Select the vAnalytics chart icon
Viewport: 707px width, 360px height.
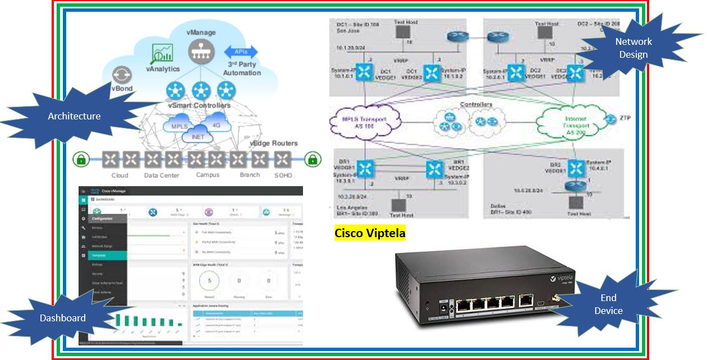(x=163, y=53)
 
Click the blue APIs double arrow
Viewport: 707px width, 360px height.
(x=241, y=52)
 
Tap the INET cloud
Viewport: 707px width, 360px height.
(x=198, y=135)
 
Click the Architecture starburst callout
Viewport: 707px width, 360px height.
(x=74, y=117)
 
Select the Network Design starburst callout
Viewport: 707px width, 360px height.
(x=633, y=48)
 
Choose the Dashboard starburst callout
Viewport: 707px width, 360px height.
(x=63, y=318)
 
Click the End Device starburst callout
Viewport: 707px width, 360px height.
(x=609, y=304)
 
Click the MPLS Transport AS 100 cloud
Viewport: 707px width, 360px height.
(x=365, y=121)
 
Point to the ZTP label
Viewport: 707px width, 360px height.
(x=626, y=118)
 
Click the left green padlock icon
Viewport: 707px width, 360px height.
(x=81, y=160)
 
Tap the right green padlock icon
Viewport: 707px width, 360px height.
(x=313, y=160)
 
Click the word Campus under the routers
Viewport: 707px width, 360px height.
(x=208, y=175)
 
